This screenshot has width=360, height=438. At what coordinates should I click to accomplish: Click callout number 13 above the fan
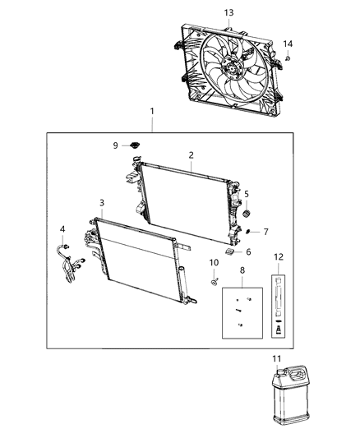(x=228, y=12)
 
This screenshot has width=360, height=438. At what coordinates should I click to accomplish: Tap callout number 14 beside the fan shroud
(x=288, y=44)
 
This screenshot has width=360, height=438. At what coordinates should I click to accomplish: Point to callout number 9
(x=116, y=145)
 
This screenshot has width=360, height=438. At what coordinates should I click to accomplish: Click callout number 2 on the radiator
(x=190, y=154)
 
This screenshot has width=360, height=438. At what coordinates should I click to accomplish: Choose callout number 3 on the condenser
(x=100, y=202)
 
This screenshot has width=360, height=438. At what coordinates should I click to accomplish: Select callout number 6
(x=247, y=252)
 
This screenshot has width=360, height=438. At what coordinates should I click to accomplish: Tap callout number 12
(x=279, y=257)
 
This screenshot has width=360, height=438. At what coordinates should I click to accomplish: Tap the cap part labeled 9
(x=135, y=146)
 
